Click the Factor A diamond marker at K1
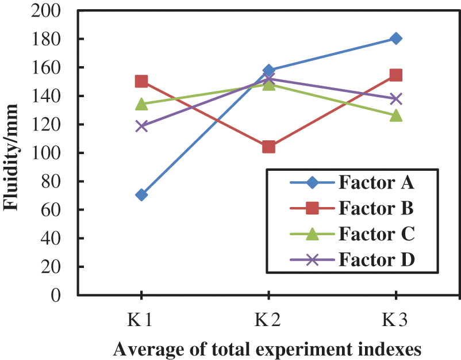coord(141,195)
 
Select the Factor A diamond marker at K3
coord(395,39)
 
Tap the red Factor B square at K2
coord(268,147)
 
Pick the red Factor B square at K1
coord(141,82)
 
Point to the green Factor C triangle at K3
coord(395,116)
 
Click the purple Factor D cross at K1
coord(141,126)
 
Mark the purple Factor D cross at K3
coord(395,99)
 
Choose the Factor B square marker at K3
coord(395,75)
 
